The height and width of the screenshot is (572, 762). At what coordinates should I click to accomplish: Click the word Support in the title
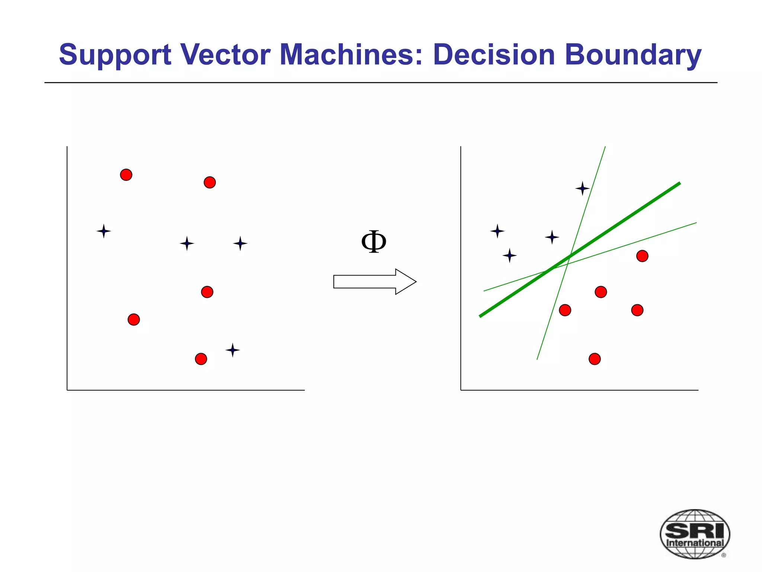pos(115,55)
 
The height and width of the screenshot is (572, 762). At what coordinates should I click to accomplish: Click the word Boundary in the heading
pos(633,55)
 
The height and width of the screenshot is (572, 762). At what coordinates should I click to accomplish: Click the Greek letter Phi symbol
pos(374,242)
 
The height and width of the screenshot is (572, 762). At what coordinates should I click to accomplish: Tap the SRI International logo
pos(694,534)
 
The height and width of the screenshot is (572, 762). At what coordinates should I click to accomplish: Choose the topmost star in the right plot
pos(582,188)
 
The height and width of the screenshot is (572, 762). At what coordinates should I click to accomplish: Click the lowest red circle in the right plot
pos(595,359)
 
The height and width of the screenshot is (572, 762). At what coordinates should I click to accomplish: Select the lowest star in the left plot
pos(233,350)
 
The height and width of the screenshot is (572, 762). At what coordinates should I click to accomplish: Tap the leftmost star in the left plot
pos(104,231)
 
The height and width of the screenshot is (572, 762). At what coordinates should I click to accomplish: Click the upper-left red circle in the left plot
pos(126,175)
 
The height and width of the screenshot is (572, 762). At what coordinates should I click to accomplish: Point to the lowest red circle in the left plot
pos(201,359)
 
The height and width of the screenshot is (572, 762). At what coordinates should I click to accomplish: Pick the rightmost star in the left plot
pos(240,244)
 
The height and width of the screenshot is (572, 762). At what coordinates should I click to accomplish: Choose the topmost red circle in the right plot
pos(642,256)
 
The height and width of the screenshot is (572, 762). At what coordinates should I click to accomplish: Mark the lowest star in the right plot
pos(509,255)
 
